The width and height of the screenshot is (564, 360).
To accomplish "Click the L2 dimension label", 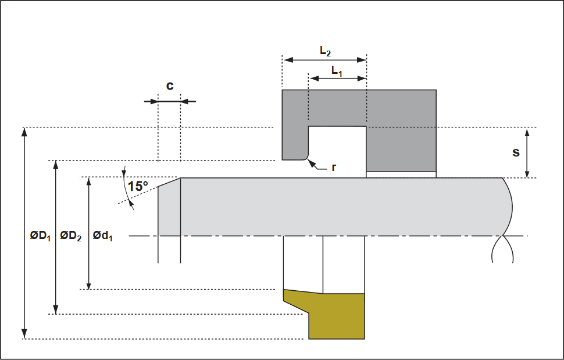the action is point(325,51).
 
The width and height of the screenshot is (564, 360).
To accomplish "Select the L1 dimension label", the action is point(337,71).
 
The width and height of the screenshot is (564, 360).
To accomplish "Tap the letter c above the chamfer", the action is point(170,86).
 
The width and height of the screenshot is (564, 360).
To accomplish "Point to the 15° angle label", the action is point(138,186).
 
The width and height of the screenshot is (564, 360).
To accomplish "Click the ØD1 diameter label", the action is point(40,236).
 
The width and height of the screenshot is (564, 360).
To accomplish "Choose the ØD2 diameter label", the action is point(70,236).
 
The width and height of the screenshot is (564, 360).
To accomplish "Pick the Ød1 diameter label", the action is point(102,236).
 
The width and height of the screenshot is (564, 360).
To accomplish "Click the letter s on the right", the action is point(516,152).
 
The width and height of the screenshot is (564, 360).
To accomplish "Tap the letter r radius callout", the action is point(334,167).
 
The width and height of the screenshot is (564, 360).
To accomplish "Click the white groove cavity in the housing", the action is point(337,151).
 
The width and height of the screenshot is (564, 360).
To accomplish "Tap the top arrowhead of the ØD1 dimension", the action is point(24,132).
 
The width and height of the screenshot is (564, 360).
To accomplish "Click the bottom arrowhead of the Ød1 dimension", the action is point(89,284).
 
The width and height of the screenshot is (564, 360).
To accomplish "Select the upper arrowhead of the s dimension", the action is point(527,133).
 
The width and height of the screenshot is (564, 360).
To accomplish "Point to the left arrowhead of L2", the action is point(288,60).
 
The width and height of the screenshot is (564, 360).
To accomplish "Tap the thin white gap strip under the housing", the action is point(401,174).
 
